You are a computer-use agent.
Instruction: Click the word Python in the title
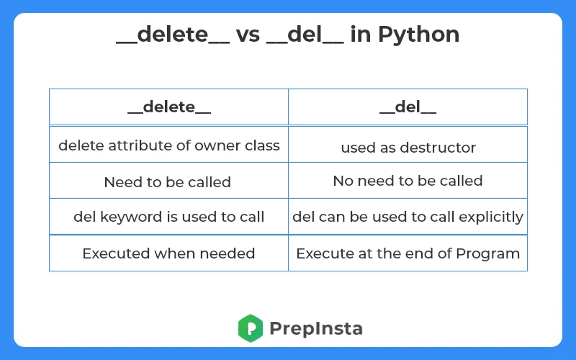pos(420,34)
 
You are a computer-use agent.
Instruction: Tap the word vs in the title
pos(249,34)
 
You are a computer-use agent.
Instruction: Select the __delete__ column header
pos(169,107)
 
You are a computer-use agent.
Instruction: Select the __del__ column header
pos(408,107)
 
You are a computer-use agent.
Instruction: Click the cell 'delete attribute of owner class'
pos(169,145)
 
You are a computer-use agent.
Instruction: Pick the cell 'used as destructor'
pos(408,148)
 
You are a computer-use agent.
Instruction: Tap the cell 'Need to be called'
pos(168,182)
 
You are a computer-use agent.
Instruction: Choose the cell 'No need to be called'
pos(408,181)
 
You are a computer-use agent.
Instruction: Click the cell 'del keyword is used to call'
pos(169,217)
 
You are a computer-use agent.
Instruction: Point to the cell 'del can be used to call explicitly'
pos(408,217)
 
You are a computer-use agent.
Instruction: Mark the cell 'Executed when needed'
pos(168,253)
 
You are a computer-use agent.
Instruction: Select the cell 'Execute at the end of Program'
pos(408,253)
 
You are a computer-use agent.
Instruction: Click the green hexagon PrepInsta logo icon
pos(250,328)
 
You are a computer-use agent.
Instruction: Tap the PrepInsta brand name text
pos(316,329)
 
